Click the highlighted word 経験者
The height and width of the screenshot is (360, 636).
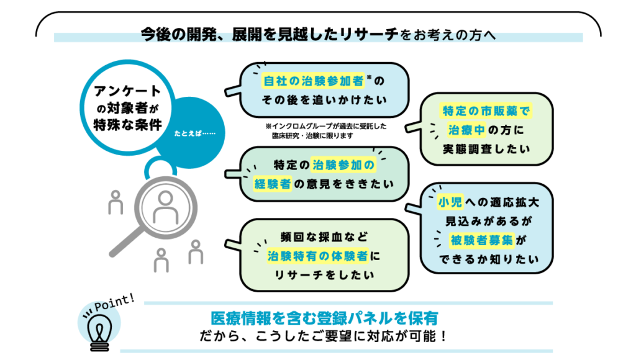tap(272, 184)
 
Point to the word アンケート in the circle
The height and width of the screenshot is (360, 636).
tap(127, 91)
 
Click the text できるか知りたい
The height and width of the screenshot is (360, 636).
tap(486, 259)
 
